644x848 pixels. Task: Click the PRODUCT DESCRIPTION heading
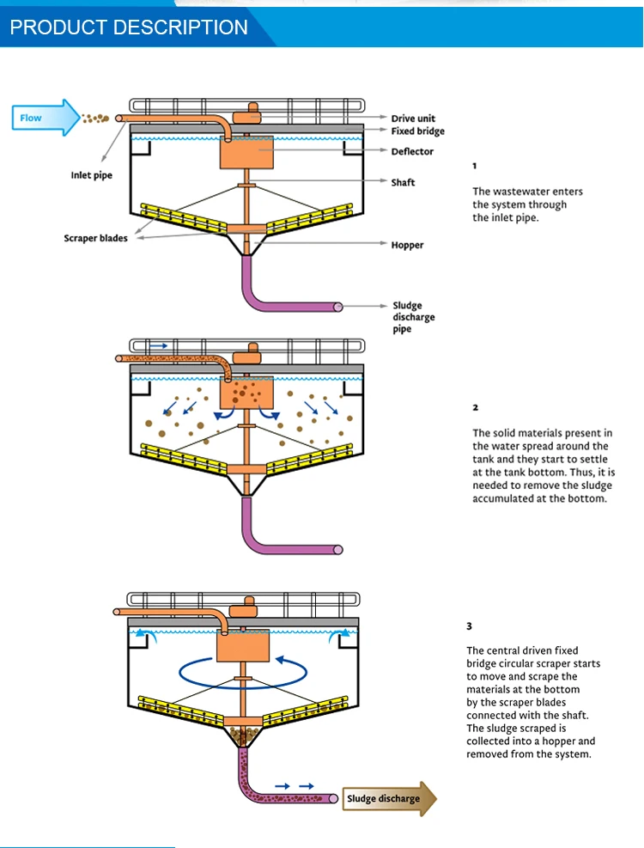tap(129, 27)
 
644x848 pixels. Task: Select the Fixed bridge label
tap(417, 131)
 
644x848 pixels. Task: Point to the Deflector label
tap(412, 152)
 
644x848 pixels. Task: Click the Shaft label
tap(403, 182)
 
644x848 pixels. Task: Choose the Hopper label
tap(407, 245)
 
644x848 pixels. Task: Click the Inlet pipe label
tap(91, 176)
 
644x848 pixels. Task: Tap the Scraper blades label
tap(95, 238)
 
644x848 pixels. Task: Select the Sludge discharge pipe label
tap(413, 317)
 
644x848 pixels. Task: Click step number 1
tap(475, 166)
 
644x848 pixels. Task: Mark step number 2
tap(475, 407)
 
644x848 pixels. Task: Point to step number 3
tap(470, 626)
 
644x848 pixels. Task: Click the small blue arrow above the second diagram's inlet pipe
tap(159, 344)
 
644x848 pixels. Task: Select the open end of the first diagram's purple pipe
tap(338, 307)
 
